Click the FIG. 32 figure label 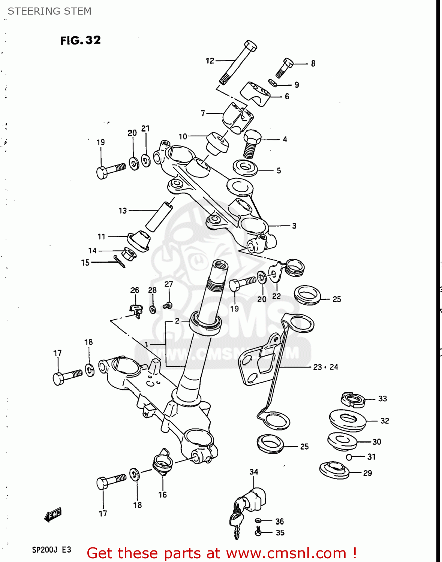[x=80, y=40]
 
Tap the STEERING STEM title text [x=49, y=11]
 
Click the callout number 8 [x=313, y=64]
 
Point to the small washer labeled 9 [x=273, y=83]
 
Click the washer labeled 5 [x=245, y=167]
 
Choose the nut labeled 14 [x=129, y=254]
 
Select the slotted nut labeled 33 [x=352, y=399]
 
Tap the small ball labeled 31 [x=349, y=457]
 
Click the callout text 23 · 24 [x=325, y=367]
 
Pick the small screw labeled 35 [x=258, y=531]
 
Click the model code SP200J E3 [x=51, y=550]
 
